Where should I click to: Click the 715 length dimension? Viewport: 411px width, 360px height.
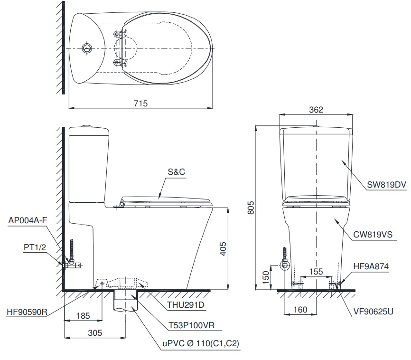click(141, 103)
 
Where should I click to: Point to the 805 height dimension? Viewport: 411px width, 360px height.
click(252, 207)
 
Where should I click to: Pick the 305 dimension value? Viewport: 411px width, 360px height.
click(95, 333)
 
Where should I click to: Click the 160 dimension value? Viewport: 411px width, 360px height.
click(300, 310)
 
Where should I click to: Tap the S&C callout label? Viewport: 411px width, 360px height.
click(176, 172)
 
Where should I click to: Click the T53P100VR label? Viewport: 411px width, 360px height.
click(191, 326)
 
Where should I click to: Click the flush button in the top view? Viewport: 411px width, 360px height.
click(87, 48)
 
